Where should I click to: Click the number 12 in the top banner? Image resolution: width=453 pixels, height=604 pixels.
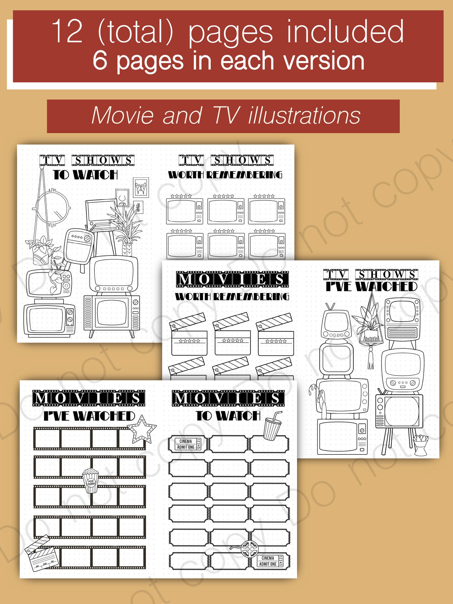click(68, 31)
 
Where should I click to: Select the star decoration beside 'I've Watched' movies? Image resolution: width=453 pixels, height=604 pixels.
click(142, 429)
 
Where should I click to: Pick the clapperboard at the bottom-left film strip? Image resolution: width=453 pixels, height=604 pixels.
click(42, 554)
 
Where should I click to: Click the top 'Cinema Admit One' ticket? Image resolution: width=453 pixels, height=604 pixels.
click(188, 444)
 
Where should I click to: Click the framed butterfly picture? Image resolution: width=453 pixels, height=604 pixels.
click(141, 188)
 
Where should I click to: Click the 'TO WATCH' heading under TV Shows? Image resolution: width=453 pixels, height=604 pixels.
click(85, 175)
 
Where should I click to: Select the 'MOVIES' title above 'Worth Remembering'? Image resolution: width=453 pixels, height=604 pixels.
click(232, 279)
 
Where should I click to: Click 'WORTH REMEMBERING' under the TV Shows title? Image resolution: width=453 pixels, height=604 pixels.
click(225, 175)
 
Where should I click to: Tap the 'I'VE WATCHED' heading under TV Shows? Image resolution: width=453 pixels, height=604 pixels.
click(371, 286)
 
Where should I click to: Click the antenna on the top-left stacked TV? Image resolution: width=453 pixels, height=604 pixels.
click(331, 307)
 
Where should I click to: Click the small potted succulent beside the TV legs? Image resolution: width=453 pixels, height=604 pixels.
click(420, 442)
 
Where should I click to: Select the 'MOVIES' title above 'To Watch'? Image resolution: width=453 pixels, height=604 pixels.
click(228, 398)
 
